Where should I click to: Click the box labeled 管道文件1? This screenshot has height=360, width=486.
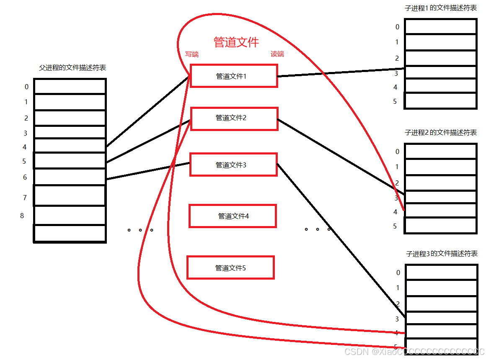tap(234, 76)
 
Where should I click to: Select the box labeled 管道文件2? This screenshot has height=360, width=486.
tap(234, 118)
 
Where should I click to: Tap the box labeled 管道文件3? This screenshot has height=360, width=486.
tap(233, 165)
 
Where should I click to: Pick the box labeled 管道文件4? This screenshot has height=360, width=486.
tap(233, 216)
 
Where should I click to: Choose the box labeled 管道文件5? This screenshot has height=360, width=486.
tap(230, 268)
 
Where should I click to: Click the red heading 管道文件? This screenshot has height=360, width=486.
tap(236, 42)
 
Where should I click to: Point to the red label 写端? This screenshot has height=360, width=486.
tap(192, 54)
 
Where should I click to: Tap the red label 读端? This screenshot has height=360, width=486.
tap(277, 54)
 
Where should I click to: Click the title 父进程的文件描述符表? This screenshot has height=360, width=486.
tap(72, 68)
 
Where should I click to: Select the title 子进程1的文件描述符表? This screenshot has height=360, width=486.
tap(441, 8)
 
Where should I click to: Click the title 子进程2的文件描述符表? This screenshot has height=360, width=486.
tap(441, 133)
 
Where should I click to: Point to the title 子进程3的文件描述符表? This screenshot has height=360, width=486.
tap(442, 254)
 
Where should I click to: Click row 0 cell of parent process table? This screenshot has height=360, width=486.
tap(70, 87)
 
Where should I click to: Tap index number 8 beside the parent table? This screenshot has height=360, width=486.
tap(22, 216)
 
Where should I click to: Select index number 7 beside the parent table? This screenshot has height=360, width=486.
tap(25, 198)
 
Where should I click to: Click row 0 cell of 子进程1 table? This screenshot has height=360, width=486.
tap(441, 27)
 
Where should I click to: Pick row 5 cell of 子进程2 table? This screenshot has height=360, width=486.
tap(441, 225)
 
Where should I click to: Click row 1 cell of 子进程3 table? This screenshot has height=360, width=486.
tap(441, 288)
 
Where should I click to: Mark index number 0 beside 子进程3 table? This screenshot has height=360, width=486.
tap(398, 273)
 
